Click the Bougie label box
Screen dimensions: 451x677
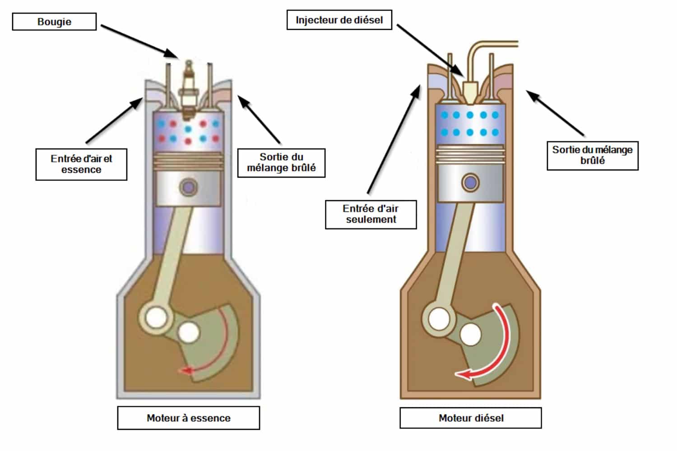54,22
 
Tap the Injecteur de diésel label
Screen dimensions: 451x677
339,20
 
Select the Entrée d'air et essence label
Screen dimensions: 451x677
81,164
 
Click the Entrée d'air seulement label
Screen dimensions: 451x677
371,214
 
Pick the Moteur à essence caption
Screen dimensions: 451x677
189,418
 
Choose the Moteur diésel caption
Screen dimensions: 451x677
471,418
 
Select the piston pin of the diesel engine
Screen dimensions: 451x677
470,183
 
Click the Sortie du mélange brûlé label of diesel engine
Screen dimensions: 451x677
592,155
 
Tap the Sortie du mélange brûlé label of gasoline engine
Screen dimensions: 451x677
281,162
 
